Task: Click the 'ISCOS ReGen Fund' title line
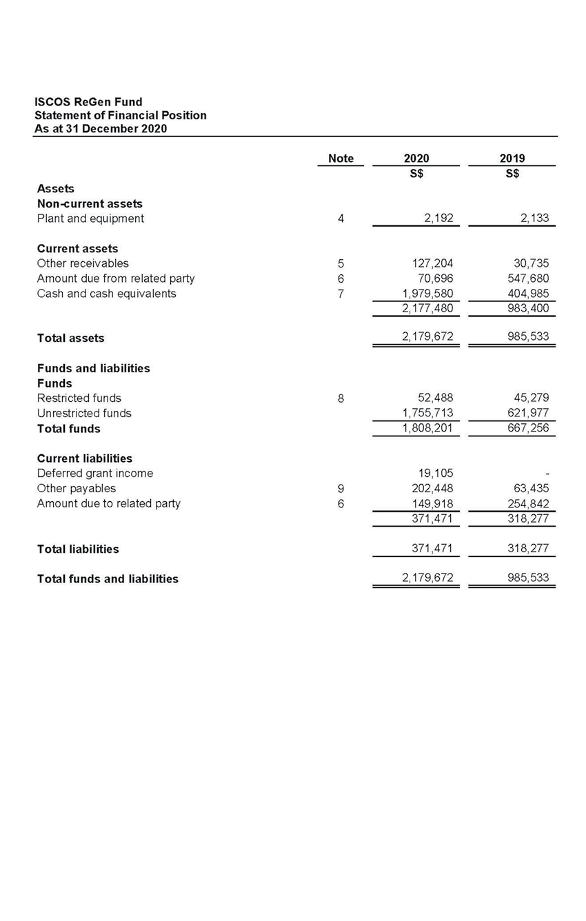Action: tap(88, 102)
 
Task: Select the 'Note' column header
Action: tap(341, 159)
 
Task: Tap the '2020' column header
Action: tap(416, 159)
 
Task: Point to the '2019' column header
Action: tap(512, 159)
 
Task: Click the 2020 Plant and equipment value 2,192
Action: tap(435, 219)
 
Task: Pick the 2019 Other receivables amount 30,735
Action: tap(531, 263)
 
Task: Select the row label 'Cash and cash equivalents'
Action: tap(106, 294)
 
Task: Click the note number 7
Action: tap(341, 294)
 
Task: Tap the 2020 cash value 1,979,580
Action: tap(427, 294)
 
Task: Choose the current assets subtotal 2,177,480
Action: tap(427, 309)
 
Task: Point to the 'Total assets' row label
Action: tap(70, 338)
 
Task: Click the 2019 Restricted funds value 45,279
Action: tap(531, 398)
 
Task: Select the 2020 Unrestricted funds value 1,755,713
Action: tap(427, 414)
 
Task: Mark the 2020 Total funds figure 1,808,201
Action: tap(427, 429)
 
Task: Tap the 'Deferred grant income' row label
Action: tap(94, 474)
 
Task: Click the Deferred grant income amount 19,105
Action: tap(435, 474)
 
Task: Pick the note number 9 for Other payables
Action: tap(341, 489)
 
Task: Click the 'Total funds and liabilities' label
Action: tap(108, 579)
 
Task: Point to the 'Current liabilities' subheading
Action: tap(84, 458)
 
